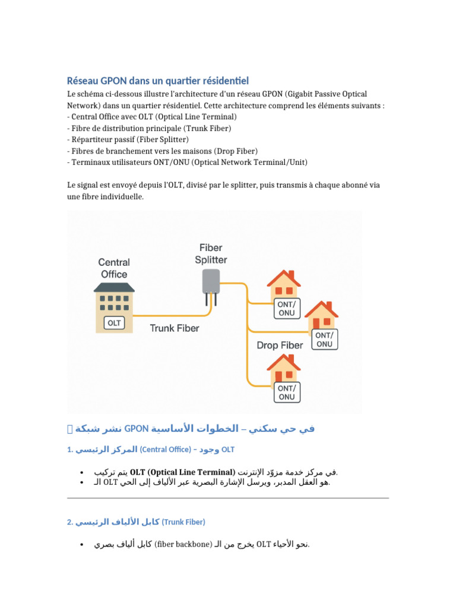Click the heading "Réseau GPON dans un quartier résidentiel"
click(157, 80)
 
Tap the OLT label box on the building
click(114, 323)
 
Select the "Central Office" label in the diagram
click(113, 268)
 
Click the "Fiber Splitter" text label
click(211, 253)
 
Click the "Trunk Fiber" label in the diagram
click(174, 328)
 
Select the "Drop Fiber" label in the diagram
click(280, 345)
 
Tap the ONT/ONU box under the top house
click(286, 308)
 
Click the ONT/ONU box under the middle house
click(324, 340)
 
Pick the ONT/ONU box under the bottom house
click(286, 392)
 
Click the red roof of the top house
click(284, 278)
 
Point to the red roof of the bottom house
click(284, 362)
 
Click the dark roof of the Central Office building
click(114, 287)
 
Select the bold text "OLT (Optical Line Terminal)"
click(182, 472)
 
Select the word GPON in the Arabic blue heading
click(136, 429)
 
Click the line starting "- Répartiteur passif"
click(128, 139)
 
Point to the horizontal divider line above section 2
click(228, 498)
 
